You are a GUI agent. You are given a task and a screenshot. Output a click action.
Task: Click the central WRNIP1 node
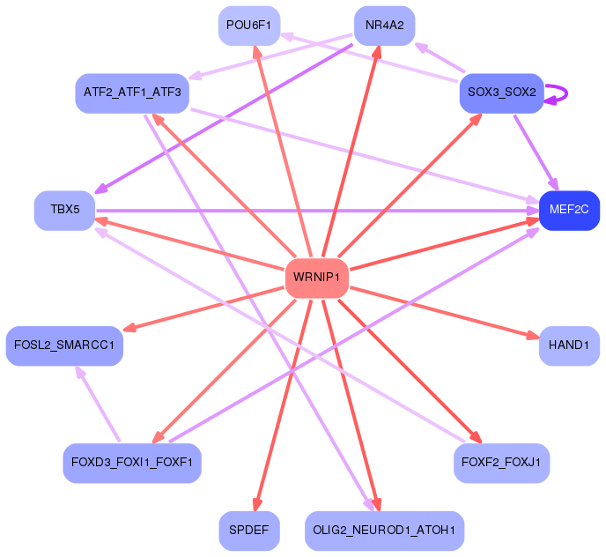(317, 278)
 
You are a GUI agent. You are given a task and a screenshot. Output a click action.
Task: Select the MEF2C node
(569, 211)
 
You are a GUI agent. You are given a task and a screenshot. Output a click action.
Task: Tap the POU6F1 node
(249, 26)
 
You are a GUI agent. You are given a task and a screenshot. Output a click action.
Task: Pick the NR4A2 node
(385, 26)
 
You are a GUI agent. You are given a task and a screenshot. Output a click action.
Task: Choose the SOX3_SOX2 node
(502, 93)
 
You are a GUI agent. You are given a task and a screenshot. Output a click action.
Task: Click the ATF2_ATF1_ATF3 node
(132, 93)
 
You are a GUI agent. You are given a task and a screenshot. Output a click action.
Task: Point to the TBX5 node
(65, 211)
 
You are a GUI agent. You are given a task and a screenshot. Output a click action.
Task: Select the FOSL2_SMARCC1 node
(64, 345)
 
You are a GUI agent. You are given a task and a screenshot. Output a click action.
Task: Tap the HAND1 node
(569, 345)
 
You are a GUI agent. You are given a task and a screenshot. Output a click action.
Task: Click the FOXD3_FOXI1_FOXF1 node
(132, 463)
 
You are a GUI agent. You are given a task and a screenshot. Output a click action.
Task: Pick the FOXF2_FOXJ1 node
(502, 463)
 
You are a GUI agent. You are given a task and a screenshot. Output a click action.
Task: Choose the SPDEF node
(249, 531)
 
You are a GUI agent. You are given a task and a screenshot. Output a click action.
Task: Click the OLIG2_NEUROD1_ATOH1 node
(385, 531)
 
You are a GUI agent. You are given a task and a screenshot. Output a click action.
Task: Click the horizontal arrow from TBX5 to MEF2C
(317, 211)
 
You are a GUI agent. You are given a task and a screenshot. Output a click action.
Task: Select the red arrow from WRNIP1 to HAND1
(445, 313)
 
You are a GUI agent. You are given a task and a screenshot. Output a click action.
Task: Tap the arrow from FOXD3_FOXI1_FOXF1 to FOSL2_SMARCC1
(99, 404)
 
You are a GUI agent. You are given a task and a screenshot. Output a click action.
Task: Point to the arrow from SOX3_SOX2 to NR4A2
(440, 57)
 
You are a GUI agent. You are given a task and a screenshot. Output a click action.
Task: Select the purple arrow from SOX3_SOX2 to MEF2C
(536, 152)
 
